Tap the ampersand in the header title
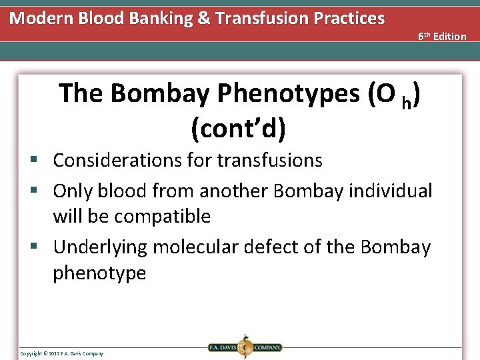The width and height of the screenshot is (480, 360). [203, 18]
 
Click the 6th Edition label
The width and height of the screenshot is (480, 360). [442, 37]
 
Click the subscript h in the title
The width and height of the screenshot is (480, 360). [406, 101]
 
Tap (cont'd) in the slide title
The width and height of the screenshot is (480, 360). [238, 129]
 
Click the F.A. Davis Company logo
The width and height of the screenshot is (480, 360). [244, 347]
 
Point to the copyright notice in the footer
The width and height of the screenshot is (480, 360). [61, 353]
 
